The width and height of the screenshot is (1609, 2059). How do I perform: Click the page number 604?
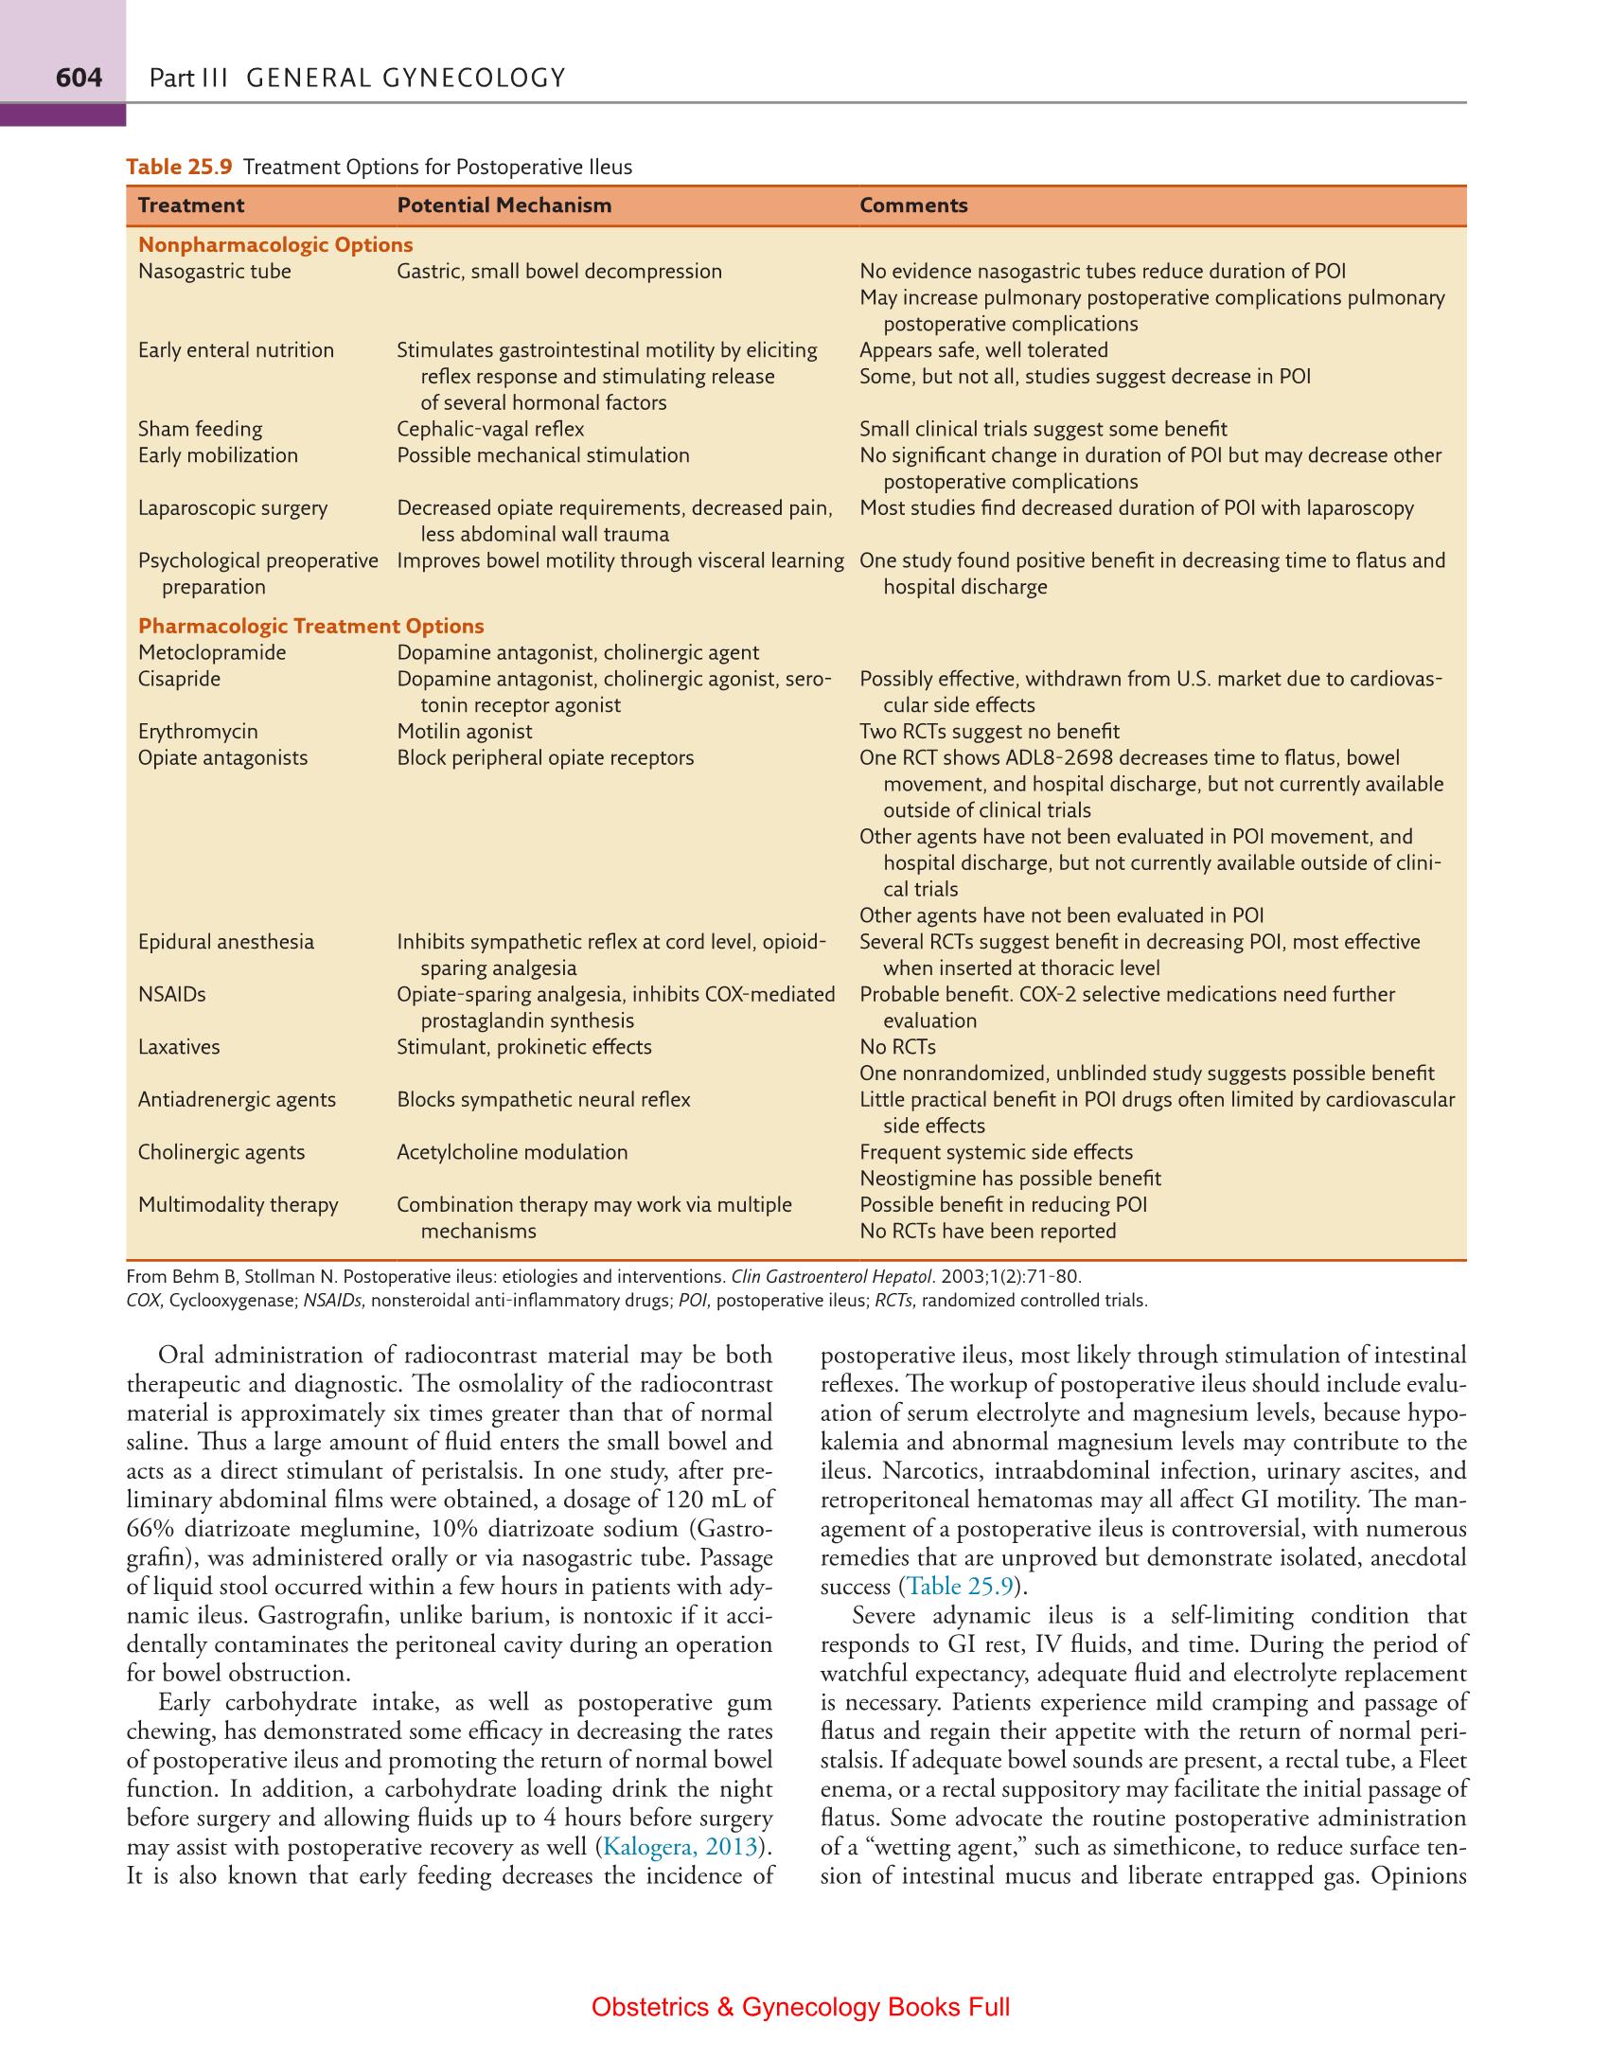point(79,78)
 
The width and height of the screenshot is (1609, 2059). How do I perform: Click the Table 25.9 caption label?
point(179,168)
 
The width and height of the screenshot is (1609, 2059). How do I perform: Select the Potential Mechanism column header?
point(504,205)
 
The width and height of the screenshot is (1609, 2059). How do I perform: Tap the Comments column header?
point(912,205)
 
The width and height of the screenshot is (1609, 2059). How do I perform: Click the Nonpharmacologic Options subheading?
point(275,245)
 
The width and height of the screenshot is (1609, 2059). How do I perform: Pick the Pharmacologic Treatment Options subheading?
point(310,627)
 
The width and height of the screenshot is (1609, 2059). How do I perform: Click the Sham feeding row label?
point(200,430)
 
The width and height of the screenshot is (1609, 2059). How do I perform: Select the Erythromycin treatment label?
point(198,732)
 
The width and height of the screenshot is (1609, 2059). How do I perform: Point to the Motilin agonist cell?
point(464,732)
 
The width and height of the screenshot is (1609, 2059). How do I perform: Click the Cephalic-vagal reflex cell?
point(489,430)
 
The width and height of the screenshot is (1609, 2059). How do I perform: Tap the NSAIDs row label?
point(171,995)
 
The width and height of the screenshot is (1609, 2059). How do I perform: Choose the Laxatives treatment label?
point(179,1047)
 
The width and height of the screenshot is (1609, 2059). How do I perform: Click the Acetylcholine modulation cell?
point(511,1152)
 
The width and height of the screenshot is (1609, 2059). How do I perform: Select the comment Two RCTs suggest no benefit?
point(988,732)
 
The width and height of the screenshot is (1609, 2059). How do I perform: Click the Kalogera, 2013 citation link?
point(680,1847)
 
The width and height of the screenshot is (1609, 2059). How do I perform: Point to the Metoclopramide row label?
point(212,653)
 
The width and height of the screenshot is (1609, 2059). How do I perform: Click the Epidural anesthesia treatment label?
point(225,942)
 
